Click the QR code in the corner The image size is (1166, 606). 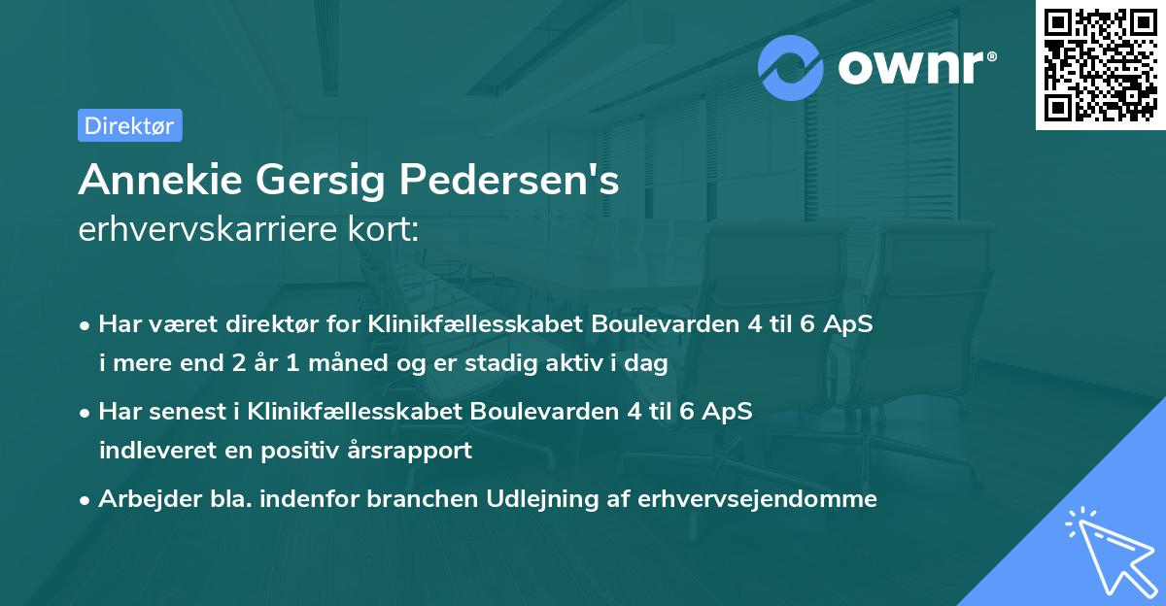(x=1100, y=64)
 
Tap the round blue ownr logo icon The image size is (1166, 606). (x=791, y=67)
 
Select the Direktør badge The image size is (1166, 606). (x=129, y=125)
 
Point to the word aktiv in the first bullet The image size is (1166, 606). (x=595, y=363)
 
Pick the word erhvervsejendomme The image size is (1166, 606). (x=758, y=499)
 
